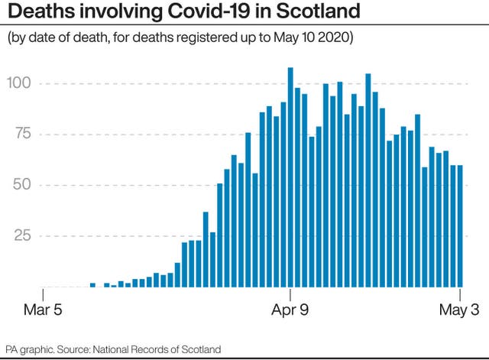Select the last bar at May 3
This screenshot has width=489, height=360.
[460, 225]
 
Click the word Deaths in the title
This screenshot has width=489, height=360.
[37, 13]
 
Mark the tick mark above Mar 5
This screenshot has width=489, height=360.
[44, 295]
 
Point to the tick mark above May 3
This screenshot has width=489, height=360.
[461, 295]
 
